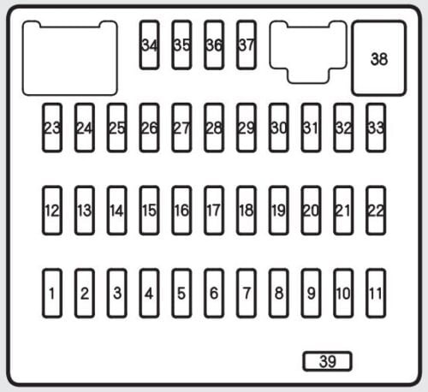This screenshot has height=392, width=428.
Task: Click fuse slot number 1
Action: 52,293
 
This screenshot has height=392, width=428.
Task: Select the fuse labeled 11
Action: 376,293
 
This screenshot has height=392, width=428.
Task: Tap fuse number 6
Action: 214,293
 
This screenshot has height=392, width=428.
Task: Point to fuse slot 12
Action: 52,211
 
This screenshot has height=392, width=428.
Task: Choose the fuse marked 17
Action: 214,211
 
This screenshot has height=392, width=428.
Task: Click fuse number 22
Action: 376,211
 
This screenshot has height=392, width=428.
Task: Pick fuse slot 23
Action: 52,128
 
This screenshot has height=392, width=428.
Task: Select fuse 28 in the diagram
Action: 214,128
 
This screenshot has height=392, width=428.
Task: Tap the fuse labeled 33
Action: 376,128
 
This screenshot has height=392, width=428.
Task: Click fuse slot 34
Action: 149,45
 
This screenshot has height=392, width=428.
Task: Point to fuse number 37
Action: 247,45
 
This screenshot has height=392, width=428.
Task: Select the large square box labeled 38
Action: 379,58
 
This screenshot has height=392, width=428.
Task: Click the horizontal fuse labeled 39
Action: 327,361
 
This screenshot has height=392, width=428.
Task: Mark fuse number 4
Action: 149,293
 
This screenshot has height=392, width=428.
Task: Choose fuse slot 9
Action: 311,293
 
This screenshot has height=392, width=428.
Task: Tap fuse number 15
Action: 149,211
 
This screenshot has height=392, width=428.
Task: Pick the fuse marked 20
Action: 311,211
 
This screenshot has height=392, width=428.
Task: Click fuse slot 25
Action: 117,128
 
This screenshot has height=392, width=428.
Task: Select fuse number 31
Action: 311,128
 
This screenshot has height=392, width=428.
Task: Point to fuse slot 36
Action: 214,45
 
